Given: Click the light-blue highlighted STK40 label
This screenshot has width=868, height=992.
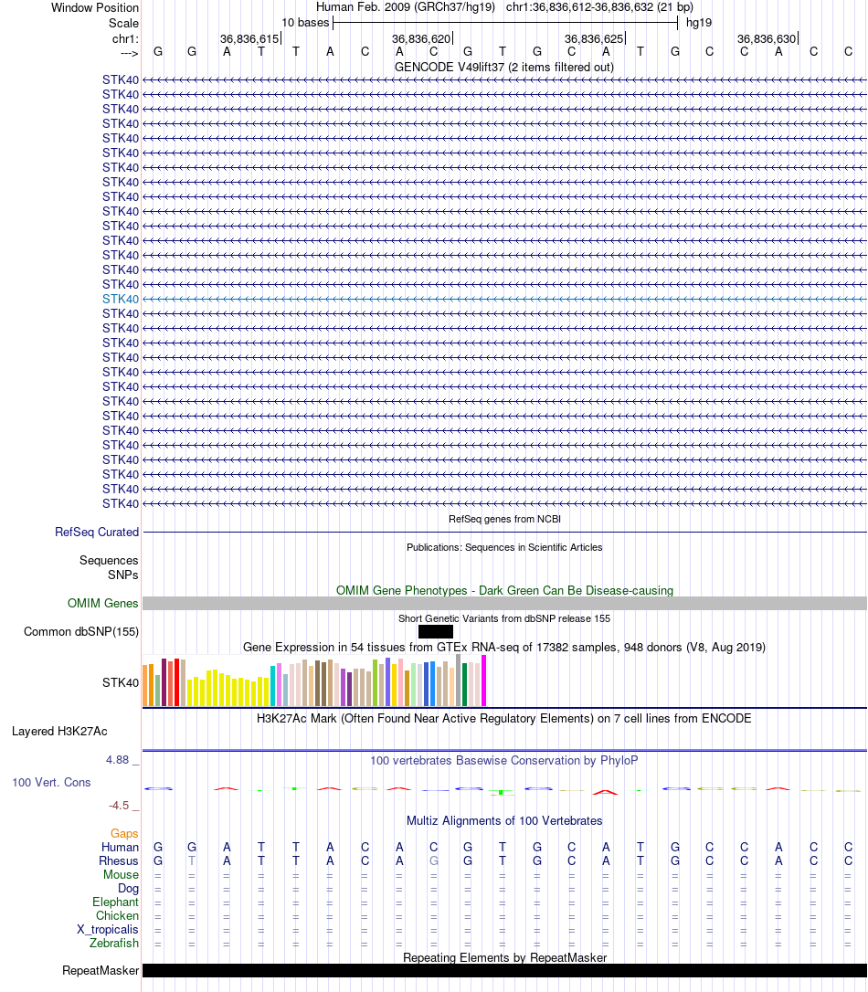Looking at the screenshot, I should (x=121, y=299).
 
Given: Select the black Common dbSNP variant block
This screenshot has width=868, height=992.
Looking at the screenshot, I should (x=435, y=631).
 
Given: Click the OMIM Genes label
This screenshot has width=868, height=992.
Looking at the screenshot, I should (x=103, y=603).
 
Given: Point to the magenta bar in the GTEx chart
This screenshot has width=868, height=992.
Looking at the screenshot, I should (x=484, y=681).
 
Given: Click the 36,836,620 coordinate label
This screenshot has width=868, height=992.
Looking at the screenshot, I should (x=421, y=39).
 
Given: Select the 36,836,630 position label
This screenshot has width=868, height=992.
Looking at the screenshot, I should (x=767, y=39).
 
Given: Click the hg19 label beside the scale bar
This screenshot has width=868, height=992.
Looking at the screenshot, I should (x=699, y=22).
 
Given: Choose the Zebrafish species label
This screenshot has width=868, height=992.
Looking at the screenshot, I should (x=114, y=944).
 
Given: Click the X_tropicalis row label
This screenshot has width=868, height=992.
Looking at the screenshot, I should (x=108, y=930).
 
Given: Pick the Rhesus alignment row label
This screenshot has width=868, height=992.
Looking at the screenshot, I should (x=119, y=860).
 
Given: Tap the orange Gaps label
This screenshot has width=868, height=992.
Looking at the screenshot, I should (x=124, y=833).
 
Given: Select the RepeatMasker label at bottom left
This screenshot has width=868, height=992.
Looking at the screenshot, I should (x=101, y=970).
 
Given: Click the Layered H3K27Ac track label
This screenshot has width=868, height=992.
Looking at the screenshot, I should (x=59, y=731).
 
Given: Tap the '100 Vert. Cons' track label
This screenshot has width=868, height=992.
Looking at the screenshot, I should (x=51, y=783).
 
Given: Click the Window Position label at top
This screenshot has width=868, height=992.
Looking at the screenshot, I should (x=95, y=7).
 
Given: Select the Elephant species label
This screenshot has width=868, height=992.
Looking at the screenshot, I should (x=115, y=902).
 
